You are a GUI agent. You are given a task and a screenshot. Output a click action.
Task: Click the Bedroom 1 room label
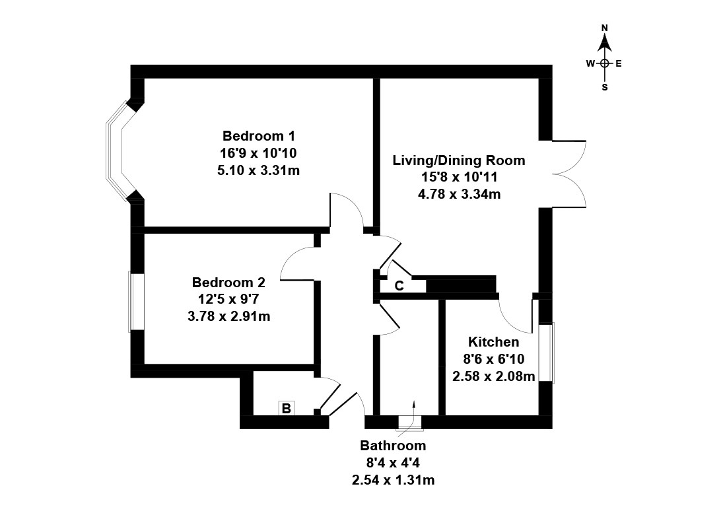[x=258, y=137]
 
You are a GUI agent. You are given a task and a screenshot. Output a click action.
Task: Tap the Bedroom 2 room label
[x=229, y=283]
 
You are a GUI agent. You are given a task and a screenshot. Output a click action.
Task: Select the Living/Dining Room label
[x=459, y=160]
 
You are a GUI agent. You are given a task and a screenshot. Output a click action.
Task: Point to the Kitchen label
[x=493, y=342]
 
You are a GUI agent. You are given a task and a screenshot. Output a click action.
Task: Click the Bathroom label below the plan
[x=393, y=446]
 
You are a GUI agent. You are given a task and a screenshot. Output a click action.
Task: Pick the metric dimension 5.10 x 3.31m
[x=258, y=170]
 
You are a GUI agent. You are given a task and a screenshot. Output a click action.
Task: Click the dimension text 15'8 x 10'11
[x=459, y=178]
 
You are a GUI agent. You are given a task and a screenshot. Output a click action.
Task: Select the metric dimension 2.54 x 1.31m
[x=393, y=480]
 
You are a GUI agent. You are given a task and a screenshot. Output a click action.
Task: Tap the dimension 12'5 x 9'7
[x=229, y=300]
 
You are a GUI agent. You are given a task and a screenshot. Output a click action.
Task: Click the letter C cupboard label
[x=399, y=286]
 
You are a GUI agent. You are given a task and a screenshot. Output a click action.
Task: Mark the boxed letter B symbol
[x=287, y=409]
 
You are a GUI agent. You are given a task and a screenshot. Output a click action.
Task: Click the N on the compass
[x=604, y=28]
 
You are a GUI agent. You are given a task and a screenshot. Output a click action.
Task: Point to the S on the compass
[x=604, y=86]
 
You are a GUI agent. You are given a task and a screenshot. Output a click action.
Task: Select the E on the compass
[x=619, y=64]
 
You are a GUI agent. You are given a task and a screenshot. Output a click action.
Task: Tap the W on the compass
[x=590, y=64]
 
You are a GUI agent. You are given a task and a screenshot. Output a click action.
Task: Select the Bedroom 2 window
[x=137, y=302]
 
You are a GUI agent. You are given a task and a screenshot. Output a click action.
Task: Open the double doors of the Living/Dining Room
[x=568, y=174]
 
